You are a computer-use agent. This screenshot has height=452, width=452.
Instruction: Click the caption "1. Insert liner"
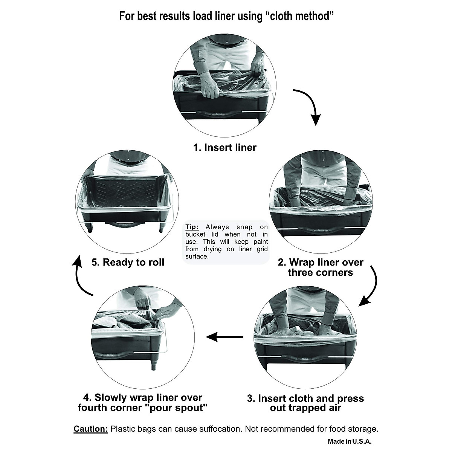[x=225, y=147]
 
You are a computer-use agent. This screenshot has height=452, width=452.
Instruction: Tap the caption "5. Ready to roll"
[x=128, y=262]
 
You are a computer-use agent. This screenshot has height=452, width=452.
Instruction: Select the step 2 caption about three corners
[x=321, y=267]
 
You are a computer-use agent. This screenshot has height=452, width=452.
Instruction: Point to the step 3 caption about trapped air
[x=305, y=403]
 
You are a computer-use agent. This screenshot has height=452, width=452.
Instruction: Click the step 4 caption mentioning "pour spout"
[x=143, y=403]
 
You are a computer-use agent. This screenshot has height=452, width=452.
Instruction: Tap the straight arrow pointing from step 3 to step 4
[x=225, y=336]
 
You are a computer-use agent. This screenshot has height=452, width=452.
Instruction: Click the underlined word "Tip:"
[x=192, y=227]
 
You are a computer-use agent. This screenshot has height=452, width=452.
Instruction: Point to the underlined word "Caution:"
[x=91, y=429]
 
